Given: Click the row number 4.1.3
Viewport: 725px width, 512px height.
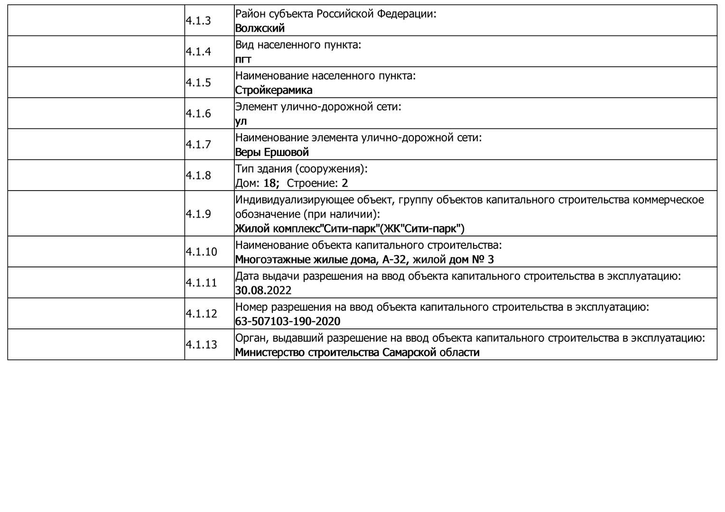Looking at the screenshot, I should click(x=198, y=21).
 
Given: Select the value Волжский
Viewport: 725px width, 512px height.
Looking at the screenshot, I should click(x=260, y=28).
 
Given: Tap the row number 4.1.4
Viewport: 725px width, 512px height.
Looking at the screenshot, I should click(x=198, y=52).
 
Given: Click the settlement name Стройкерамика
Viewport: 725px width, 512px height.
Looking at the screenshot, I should click(x=273, y=90).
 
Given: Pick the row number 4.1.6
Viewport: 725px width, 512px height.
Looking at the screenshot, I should click(x=198, y=114).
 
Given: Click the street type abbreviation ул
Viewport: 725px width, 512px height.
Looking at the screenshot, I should click(x=241, y=121).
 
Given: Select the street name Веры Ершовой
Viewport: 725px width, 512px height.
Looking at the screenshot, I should click(x=272, y=152).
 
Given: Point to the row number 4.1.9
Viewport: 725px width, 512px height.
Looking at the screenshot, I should click(x=198, y=214).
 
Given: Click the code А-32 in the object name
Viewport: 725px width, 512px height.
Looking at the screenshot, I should click(x=396, y=259).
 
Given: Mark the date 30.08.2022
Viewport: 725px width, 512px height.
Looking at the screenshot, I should click(x=263, y=290).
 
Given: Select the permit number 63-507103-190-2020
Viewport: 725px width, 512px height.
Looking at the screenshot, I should click(x=288, y=321).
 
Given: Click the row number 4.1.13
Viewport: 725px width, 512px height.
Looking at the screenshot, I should click(x=201, y=345).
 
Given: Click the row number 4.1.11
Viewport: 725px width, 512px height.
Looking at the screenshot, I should click(x=201, y=283).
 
